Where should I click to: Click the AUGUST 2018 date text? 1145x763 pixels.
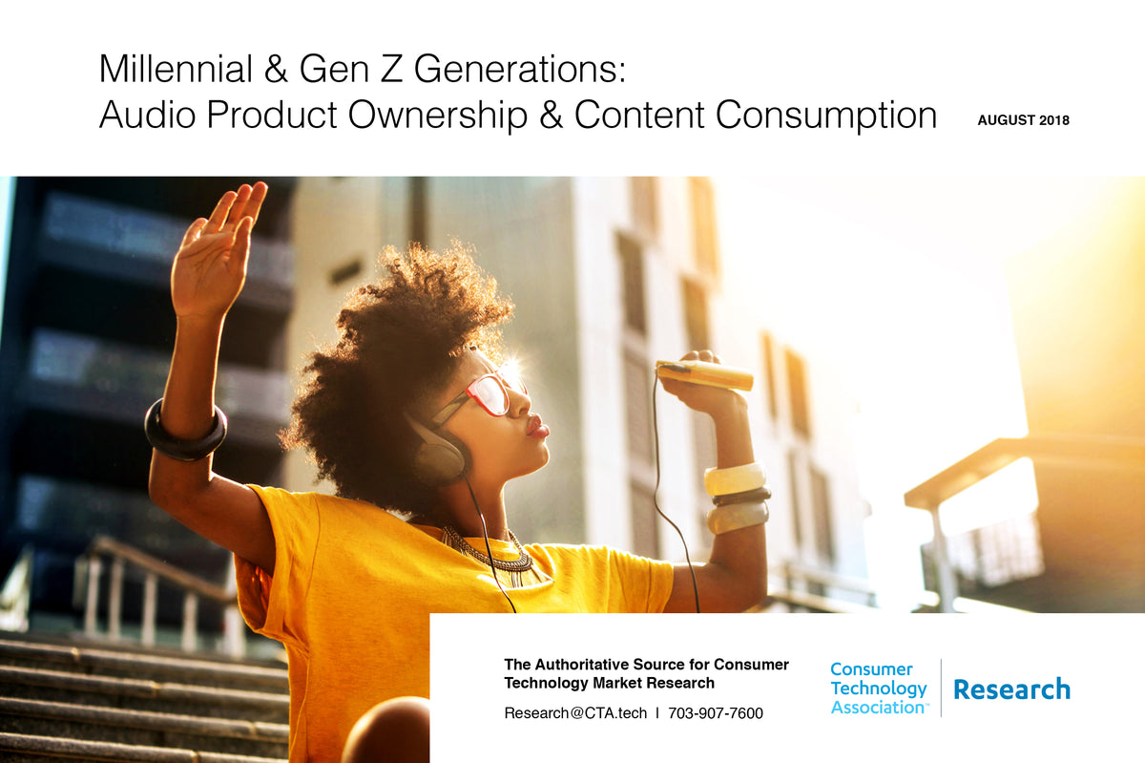coord(1023,120)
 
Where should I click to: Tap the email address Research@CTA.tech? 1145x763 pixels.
coord(575,712)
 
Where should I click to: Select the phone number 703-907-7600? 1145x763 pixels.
coord(715,712)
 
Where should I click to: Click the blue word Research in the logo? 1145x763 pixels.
coord(1011,689)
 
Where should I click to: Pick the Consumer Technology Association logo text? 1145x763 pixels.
coord(878,689)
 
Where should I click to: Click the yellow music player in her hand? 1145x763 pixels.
coord(704,375)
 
